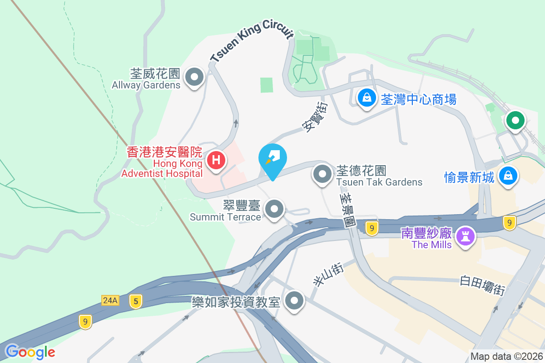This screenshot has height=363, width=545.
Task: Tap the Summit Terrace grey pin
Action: [274, 210]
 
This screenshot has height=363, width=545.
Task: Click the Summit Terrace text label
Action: [225, 217]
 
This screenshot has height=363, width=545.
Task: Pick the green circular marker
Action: [515, 121]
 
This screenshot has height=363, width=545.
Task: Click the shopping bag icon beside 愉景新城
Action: [508, 175]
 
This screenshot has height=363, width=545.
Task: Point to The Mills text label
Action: [431, 245]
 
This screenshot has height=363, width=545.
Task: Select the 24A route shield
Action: [110, 300]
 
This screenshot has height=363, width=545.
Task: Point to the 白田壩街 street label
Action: [483, 285]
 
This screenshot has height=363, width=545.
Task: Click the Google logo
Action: [30, 352]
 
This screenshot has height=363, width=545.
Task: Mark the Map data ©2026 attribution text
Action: [506, 356]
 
